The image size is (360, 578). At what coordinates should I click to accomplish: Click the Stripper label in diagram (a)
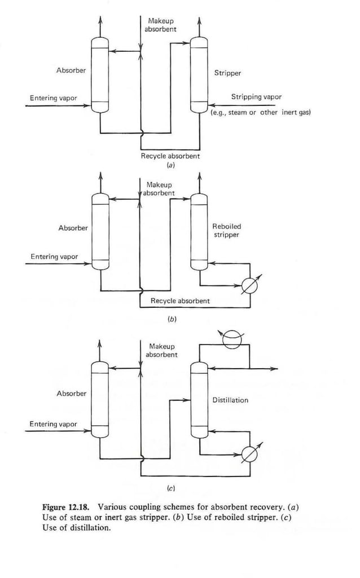point(227,73)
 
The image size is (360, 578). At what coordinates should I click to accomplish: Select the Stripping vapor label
point(256,97)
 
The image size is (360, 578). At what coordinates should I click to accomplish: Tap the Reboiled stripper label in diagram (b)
point(226,231)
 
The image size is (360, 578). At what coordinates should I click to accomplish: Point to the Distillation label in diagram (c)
point(230,400)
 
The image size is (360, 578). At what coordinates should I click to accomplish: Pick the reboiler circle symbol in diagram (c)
point(246,455)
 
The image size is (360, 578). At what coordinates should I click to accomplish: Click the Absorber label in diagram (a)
point(71,70)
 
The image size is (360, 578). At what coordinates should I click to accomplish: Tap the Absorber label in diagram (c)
point(72,394)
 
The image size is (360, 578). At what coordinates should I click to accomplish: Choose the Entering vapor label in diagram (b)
point(54,257)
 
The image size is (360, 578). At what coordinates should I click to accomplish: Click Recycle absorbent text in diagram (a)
point(170,156)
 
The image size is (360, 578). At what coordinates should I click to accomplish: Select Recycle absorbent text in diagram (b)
point(180,301)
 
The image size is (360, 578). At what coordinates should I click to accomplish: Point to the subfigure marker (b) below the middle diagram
point(172,319)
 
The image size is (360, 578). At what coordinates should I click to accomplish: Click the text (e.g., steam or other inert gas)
point(260,112)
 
